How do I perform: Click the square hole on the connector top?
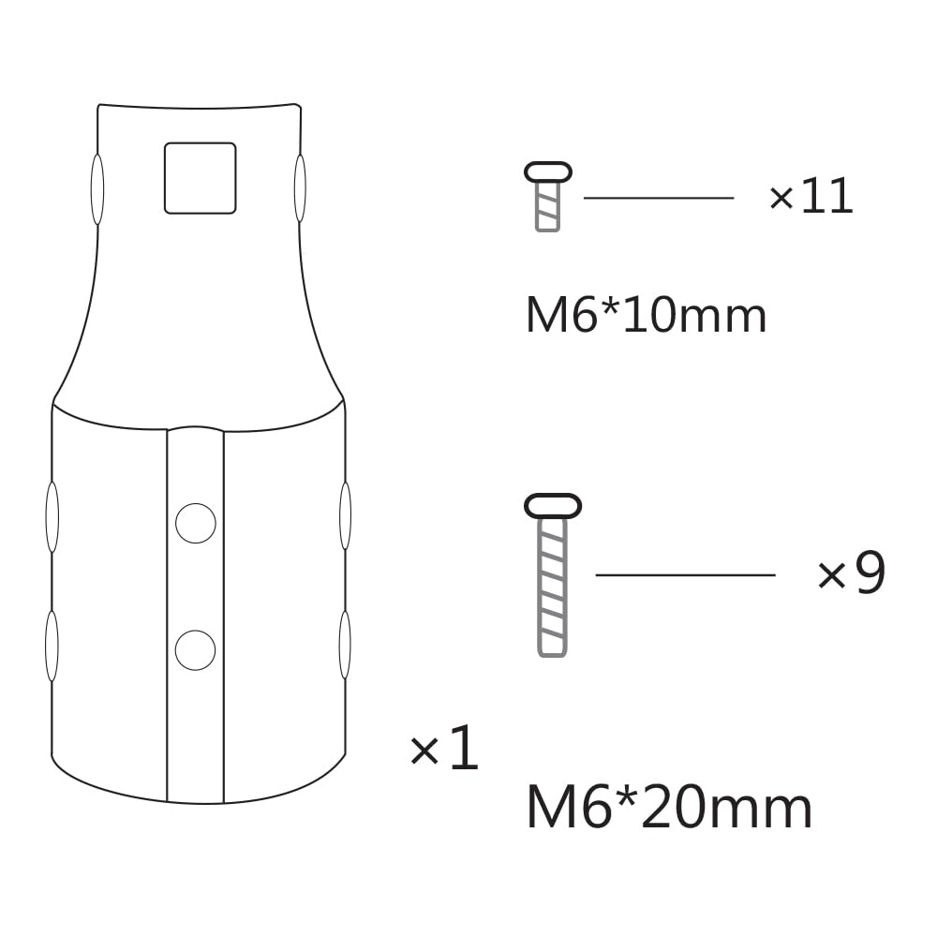click(x=200, y=178)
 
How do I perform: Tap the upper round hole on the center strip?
click(x=196, y=523)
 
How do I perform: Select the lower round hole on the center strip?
click(x=195, y=649)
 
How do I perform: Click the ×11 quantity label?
click(x=811, y=198)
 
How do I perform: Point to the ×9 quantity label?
click(x=851, y=574)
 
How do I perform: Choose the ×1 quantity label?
click(x=444, y=751)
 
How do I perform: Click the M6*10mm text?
click(x=646, y=316)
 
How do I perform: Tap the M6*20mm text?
click(x=669, y=809)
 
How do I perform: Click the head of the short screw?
click(x=548, y=172)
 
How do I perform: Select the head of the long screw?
click(x=553, y=506)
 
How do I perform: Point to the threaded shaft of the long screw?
click(x=553, y=586)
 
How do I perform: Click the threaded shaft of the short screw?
click(x=547, y=206)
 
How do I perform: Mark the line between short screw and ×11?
click(x=658, y=198)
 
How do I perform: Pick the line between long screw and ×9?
click(x=685, y=574)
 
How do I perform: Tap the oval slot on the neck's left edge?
click(x=97, y=188)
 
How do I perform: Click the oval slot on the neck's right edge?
click(x=300, y=188)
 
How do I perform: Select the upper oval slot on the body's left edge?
click(x=52, y=516)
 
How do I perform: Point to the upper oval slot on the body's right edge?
click(x=345, y=515)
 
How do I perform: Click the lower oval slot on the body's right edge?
click(x=345, y=645)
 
